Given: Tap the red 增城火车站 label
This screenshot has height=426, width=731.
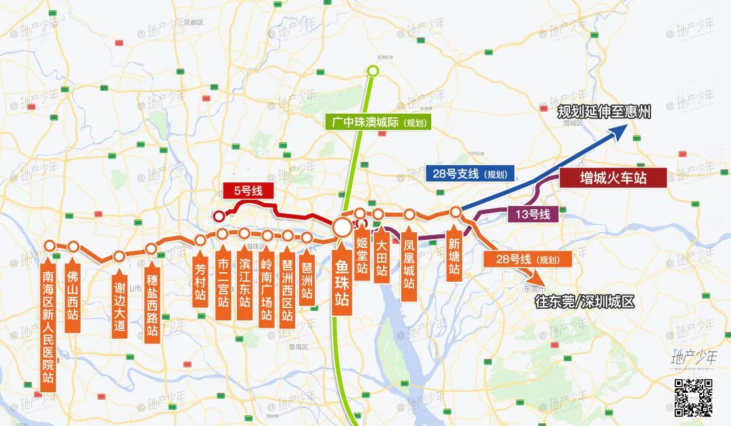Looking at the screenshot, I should point(613,177).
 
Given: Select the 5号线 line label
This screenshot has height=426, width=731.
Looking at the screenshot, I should point(248,190).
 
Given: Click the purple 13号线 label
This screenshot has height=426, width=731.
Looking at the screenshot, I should point(533,215).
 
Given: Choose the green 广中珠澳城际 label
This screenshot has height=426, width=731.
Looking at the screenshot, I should point(376,123).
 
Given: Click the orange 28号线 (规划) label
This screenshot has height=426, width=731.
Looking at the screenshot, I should point(527,259).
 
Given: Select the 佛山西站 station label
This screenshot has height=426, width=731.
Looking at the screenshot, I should point(72,295).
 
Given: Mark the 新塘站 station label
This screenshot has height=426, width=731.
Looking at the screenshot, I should point(454,256).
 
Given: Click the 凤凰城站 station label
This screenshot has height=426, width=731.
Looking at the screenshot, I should point(408,261).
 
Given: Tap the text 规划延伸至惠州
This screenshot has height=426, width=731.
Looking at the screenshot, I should point(603,112).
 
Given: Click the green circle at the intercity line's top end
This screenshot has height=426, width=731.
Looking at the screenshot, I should point(372,71).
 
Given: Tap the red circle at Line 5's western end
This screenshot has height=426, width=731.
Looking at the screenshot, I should point(219,215).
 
